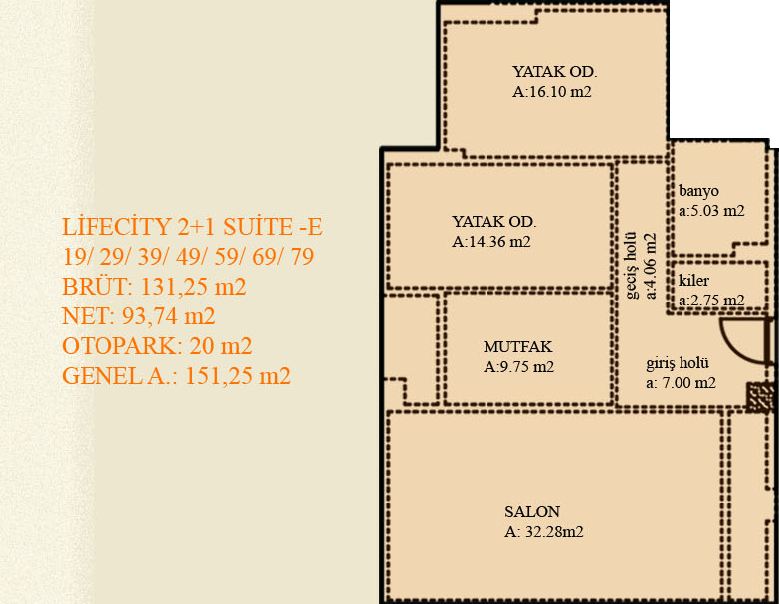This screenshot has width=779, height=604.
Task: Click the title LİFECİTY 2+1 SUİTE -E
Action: coord(192,227)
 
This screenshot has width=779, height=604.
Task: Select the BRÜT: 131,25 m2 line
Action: coord(154,287)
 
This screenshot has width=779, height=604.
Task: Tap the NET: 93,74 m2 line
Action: coord(138,316)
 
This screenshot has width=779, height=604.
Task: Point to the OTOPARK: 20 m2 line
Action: coord(157,346)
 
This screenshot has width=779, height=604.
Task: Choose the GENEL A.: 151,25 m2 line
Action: coord(176,376)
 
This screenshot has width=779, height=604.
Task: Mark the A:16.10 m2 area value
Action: coord(552,92)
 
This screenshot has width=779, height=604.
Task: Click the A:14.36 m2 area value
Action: coord(491,242)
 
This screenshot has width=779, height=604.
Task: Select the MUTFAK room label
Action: coord(517,346)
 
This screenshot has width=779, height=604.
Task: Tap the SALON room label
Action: coord(532,512)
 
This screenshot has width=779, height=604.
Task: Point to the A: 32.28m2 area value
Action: coord(544,532)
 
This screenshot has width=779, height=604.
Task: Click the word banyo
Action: coord(698,191)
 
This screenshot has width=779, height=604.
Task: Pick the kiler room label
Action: coord(693,281)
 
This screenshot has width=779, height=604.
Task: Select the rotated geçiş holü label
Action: coord(631,265)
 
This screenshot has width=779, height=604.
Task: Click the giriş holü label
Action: coord(678,363)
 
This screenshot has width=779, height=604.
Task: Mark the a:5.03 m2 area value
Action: coord(711,211)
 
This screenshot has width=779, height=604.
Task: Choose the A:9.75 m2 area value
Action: coord(518,366)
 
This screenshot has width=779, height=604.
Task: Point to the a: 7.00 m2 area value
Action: coord(681,383)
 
